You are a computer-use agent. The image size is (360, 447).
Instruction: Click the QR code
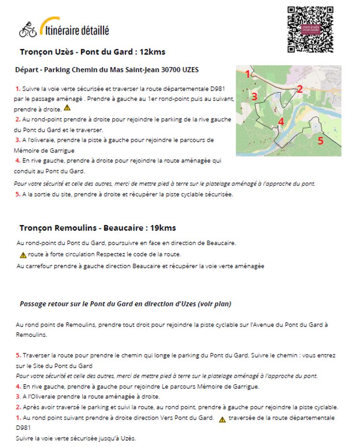tap(310, 29)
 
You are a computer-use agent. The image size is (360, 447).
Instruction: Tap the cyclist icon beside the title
tap(28, 30)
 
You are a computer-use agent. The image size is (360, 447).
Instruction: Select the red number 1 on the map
tap(248, 74)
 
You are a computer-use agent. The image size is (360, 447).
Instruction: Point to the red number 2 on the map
tap(300, 88)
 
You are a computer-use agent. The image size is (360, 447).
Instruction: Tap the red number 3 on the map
tap(255, 96)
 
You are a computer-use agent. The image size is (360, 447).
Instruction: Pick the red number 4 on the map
tap(281, 121)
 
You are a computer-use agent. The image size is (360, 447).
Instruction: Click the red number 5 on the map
tap(321, 141)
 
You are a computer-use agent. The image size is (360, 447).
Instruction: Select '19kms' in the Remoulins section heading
tap(162, 228)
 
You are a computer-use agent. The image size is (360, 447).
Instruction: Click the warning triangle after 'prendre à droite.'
tap(67, 108)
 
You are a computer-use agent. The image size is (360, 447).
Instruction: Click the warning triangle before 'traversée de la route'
tap(222, 419)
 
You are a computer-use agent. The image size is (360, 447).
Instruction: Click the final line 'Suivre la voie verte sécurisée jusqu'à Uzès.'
tap(76, 438)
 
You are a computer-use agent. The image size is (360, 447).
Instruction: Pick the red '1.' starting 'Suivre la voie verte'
tap(18, 89)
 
